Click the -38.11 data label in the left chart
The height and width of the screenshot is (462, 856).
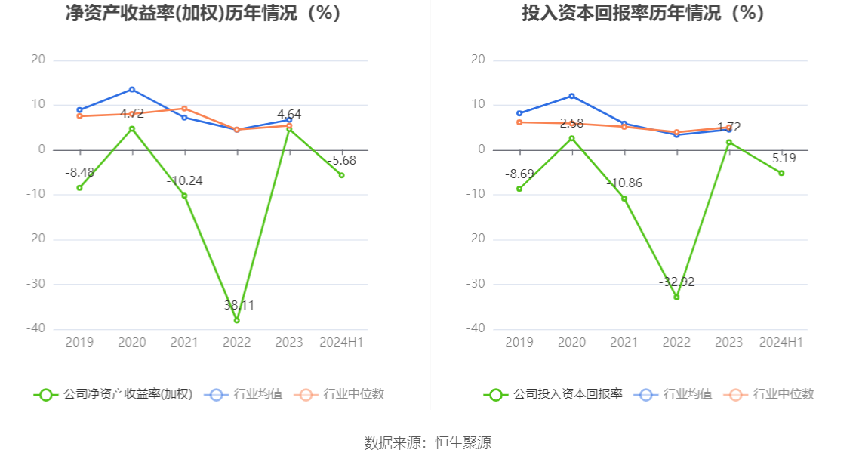pyautogui.click(x=236, y=306)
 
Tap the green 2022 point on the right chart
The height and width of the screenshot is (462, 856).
pyautogui.click(x=676, y=297)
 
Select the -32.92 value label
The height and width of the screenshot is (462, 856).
pyautogui.click(x=676, y=282)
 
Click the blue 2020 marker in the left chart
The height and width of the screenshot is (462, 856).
pyautogui.click(x=132, y=89)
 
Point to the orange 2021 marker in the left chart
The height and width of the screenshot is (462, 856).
pyautogui.click(x=184, y=108)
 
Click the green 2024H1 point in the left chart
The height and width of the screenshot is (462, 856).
pyautogui.click(x=342, y=175)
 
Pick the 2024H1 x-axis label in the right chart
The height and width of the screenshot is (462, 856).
pyautogui.click(x=781, y=343)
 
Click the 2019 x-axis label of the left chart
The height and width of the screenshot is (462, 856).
pyautogui.click(x=79, y=343)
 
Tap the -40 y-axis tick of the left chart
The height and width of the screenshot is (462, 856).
pyautogui.click(x=38, y=329)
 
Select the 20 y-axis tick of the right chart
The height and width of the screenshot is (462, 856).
pyautogui.click(x=477, y=60)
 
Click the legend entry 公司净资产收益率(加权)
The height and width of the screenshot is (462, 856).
pyautogui.click(x=113, y=394)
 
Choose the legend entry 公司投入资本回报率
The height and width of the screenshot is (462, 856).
pyautogui.click(x=553, y=394)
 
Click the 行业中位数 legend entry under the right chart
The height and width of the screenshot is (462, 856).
pyautogui.click(x=769, y=394)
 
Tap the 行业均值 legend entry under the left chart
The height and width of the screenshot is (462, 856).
pyautogui.click(x=244, y=394)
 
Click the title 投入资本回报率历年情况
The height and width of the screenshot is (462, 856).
pyautogui.click(x=642, y=13)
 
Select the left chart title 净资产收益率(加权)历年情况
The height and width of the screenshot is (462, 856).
pyautogui.click(x=202, y=13)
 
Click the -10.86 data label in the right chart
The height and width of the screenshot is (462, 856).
pyautogui.click(x=624, y=183)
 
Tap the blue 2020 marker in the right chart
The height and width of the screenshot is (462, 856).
pyautogui.click(x=571, y=96)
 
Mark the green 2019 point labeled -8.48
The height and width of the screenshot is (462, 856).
pyautogui.click(x=79, y=187)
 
